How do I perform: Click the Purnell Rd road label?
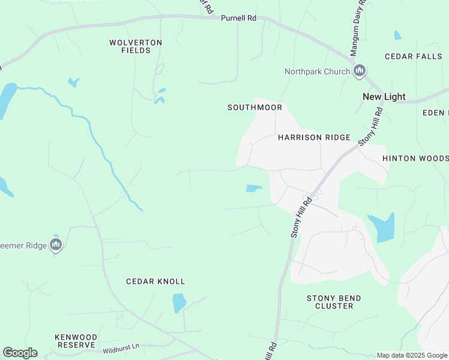238,19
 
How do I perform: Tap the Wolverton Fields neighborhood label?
136,47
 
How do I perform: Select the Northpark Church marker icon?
360,71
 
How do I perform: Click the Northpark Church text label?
317,72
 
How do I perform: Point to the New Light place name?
384,97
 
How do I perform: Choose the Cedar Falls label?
414,56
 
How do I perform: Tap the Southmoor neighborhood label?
255,108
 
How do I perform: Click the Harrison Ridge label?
314,138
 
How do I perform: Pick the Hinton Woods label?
415,158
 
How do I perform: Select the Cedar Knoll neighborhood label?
155,281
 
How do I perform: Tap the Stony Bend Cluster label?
334,302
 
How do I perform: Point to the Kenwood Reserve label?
75,341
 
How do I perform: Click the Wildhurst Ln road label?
121,347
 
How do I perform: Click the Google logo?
20,353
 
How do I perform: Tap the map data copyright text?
412,355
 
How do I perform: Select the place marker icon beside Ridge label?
56,244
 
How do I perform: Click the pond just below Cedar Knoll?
179,303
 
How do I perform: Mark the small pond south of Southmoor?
253,188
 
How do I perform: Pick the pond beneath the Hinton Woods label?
382,227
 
